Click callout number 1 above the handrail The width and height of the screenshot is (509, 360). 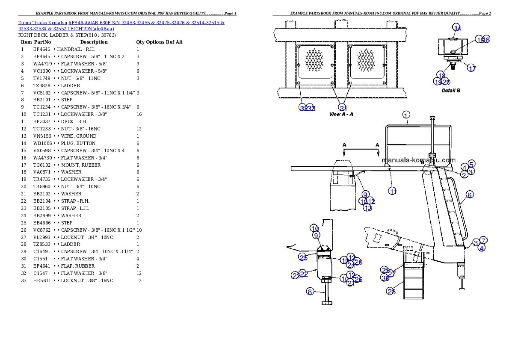coord(406,114)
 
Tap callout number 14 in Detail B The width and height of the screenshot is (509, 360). coord(458,28)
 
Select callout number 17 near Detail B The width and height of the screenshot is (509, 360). coord(471,68)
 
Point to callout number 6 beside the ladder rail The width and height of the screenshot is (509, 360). coord(469,195)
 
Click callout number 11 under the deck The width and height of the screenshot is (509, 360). coord(393,191)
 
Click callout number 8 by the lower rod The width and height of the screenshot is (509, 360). coord(310,292)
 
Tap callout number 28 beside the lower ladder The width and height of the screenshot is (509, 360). coord(391,292)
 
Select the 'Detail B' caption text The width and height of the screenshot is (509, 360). coord(451,91)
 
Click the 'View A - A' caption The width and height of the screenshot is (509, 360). coord(341,115)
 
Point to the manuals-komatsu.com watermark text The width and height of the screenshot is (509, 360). coord(418,160)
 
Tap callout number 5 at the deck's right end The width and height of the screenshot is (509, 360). coord(471,164)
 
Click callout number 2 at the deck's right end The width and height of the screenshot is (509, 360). coord(464,174)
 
